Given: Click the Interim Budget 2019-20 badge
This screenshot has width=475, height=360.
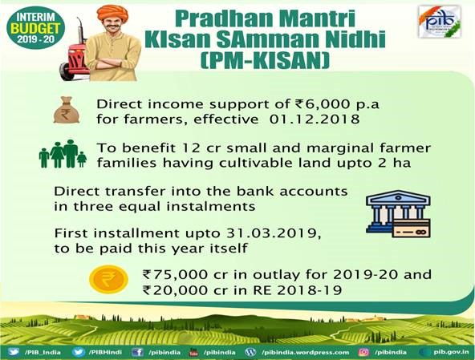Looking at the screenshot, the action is pyautogui.click(x=35, y=27).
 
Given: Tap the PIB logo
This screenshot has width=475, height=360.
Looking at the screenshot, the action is pyautogui.click(x=440, y=22).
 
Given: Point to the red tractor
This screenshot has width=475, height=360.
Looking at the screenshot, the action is pyautogui.click(x=74, y=61).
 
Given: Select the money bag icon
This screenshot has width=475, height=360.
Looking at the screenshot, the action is pyautogui.click(x=67, y=110).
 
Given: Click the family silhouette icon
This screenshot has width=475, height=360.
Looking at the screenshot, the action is pyautogui.click(x=63, y=154).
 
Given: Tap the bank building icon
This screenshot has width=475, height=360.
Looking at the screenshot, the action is pyautogui.click(x=398, y=214).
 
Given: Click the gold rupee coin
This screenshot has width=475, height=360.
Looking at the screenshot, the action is pyautogui.click(x=108, y=280).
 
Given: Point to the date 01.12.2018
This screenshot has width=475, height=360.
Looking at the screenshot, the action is pyautogui.click(x=315, y=119).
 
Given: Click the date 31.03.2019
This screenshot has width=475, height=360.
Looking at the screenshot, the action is pyautogui.click(x=274, y=233).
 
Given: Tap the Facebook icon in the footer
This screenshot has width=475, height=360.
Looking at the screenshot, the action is pyautogui.click(x=137, y=352).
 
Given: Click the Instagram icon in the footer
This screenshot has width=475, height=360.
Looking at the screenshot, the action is pyautogui.click(x=363, y=352).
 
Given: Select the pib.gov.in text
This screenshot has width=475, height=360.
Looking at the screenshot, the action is pyautogui.click(x=451, y=352).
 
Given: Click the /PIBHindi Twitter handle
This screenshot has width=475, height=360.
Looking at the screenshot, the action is pyautogui.click(x=105, y=352).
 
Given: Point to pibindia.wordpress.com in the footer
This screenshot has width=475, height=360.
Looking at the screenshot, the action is pyautogui.click(x=306, y=353).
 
